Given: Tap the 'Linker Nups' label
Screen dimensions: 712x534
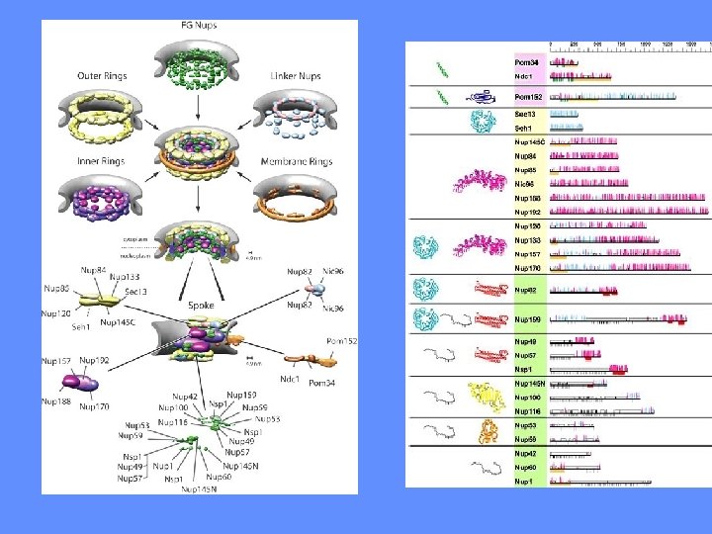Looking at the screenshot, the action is click(x=294, y=76).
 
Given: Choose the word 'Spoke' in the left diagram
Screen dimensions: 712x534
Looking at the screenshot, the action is click(x=202, y=307).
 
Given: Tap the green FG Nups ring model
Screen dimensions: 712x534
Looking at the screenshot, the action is click(x=198, y=59).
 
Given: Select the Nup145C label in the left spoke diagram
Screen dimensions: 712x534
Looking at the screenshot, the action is click(x=118, y=323).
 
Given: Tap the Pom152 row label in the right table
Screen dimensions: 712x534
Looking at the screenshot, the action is click(x=528, y=97).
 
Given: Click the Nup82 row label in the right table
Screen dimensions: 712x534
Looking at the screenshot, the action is click(x=526, y=291).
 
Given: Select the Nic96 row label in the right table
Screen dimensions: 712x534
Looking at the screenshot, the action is click(x=525, y=183).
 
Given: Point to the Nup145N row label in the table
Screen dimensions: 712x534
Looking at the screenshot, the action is click(x=530, y=383).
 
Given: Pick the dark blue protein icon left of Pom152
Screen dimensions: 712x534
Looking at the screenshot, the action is click(x=483, y=97).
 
